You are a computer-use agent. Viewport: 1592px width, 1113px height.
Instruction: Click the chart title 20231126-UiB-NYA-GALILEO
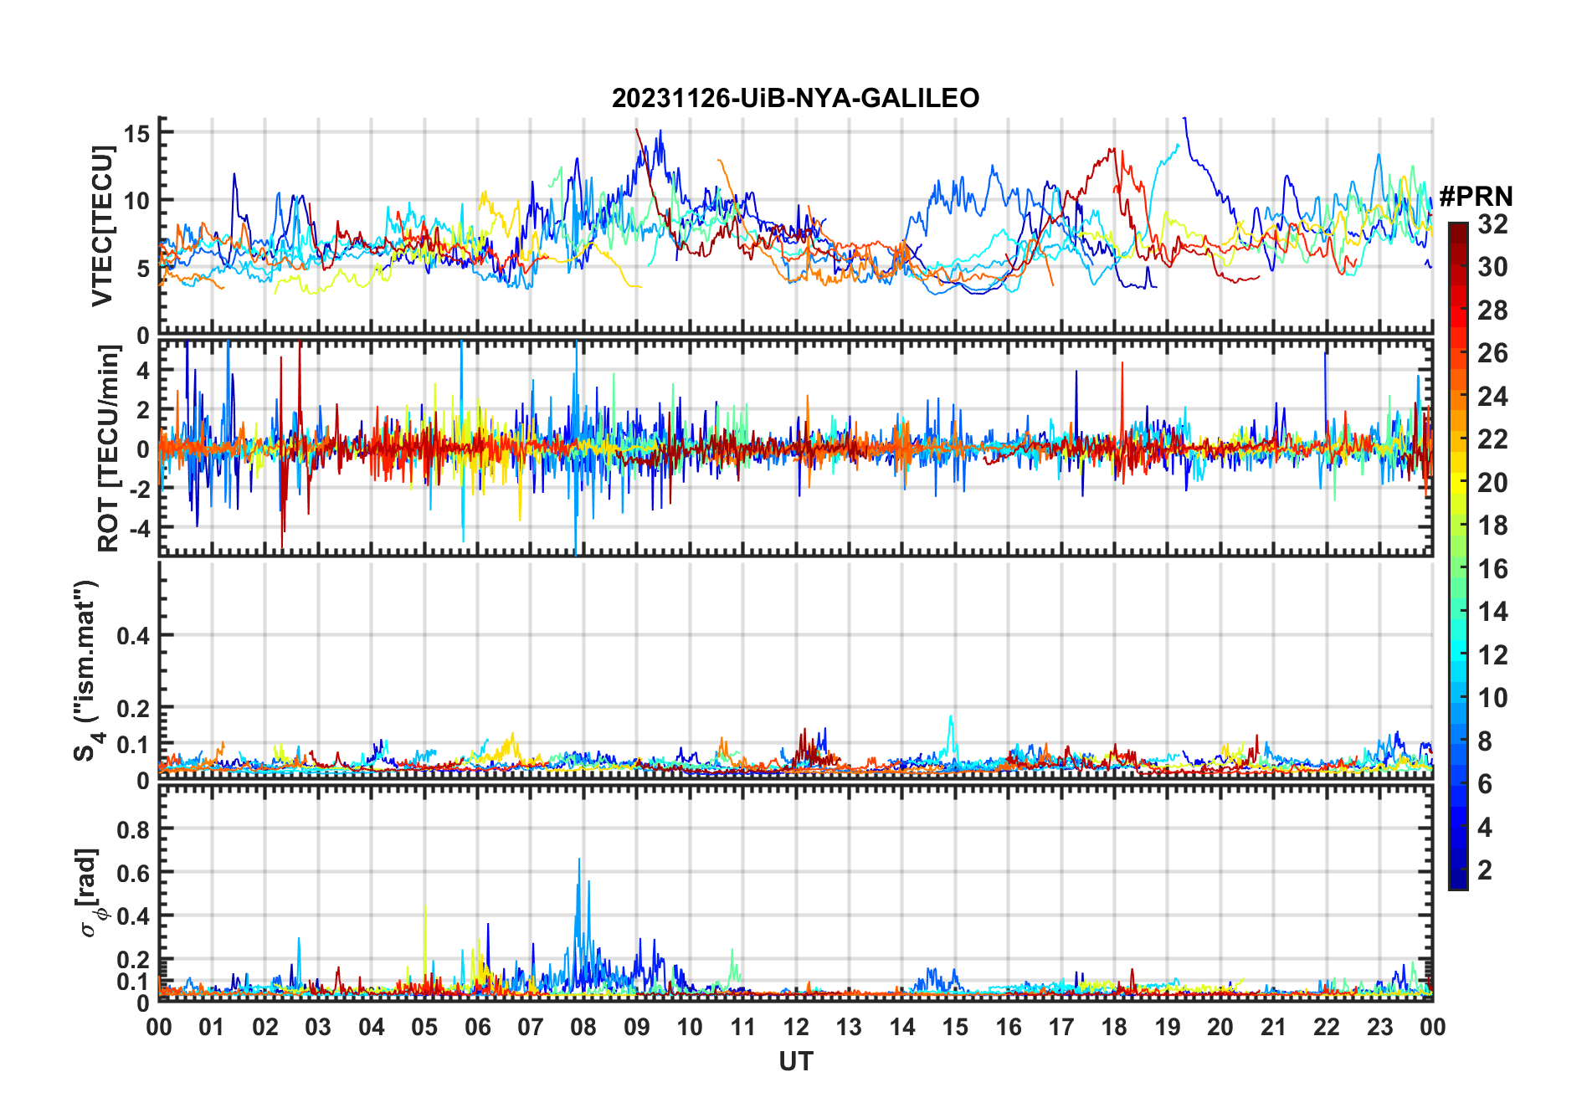[x=795, y=99]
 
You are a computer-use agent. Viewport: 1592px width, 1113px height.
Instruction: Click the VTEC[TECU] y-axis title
[x=103, y=226]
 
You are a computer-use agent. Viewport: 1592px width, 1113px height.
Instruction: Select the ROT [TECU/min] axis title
[x=109, y=449]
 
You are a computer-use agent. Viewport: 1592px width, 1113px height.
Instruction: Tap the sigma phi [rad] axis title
[x=90, y=892]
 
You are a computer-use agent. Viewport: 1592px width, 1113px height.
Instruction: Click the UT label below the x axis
[x=795, y=1062]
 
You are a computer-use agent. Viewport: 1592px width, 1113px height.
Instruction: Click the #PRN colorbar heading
[x=1476, y=197]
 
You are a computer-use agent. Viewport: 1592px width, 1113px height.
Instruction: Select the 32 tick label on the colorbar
[x=1493, y=224]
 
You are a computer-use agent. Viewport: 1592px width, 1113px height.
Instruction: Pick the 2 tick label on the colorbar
[x=1485, y=870]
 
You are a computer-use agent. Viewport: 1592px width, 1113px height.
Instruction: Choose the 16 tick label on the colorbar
[x=1493, y=569]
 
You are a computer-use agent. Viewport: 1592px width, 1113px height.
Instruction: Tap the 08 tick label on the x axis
[x=583, y=1028]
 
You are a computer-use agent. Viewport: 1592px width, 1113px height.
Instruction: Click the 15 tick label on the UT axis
[x=955, y=1028]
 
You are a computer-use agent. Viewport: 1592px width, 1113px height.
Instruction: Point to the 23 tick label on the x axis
[x=1379, y=1028]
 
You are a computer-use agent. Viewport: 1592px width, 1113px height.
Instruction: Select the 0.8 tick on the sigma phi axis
[x=133, y=829]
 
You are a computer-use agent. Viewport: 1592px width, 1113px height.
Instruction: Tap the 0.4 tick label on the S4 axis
[x=133, y=635]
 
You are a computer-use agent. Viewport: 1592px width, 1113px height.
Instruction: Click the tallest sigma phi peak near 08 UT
[x=578, y=859]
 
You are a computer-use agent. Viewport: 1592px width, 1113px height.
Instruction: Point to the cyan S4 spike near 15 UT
[x=951, y=717]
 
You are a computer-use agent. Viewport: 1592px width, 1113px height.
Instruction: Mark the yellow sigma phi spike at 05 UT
[x=425, y=906]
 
